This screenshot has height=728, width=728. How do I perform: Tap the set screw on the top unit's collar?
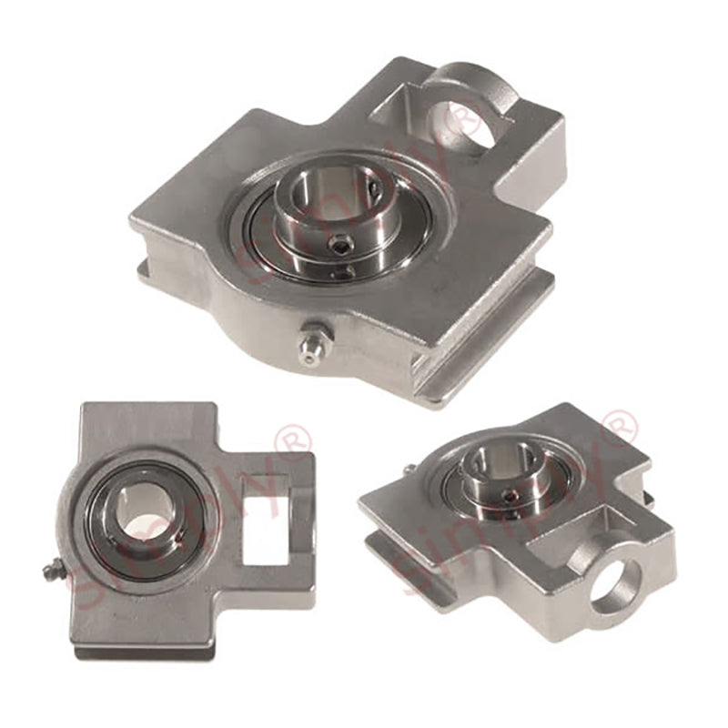[339, 243]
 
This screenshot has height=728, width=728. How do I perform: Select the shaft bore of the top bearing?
[318, 205]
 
